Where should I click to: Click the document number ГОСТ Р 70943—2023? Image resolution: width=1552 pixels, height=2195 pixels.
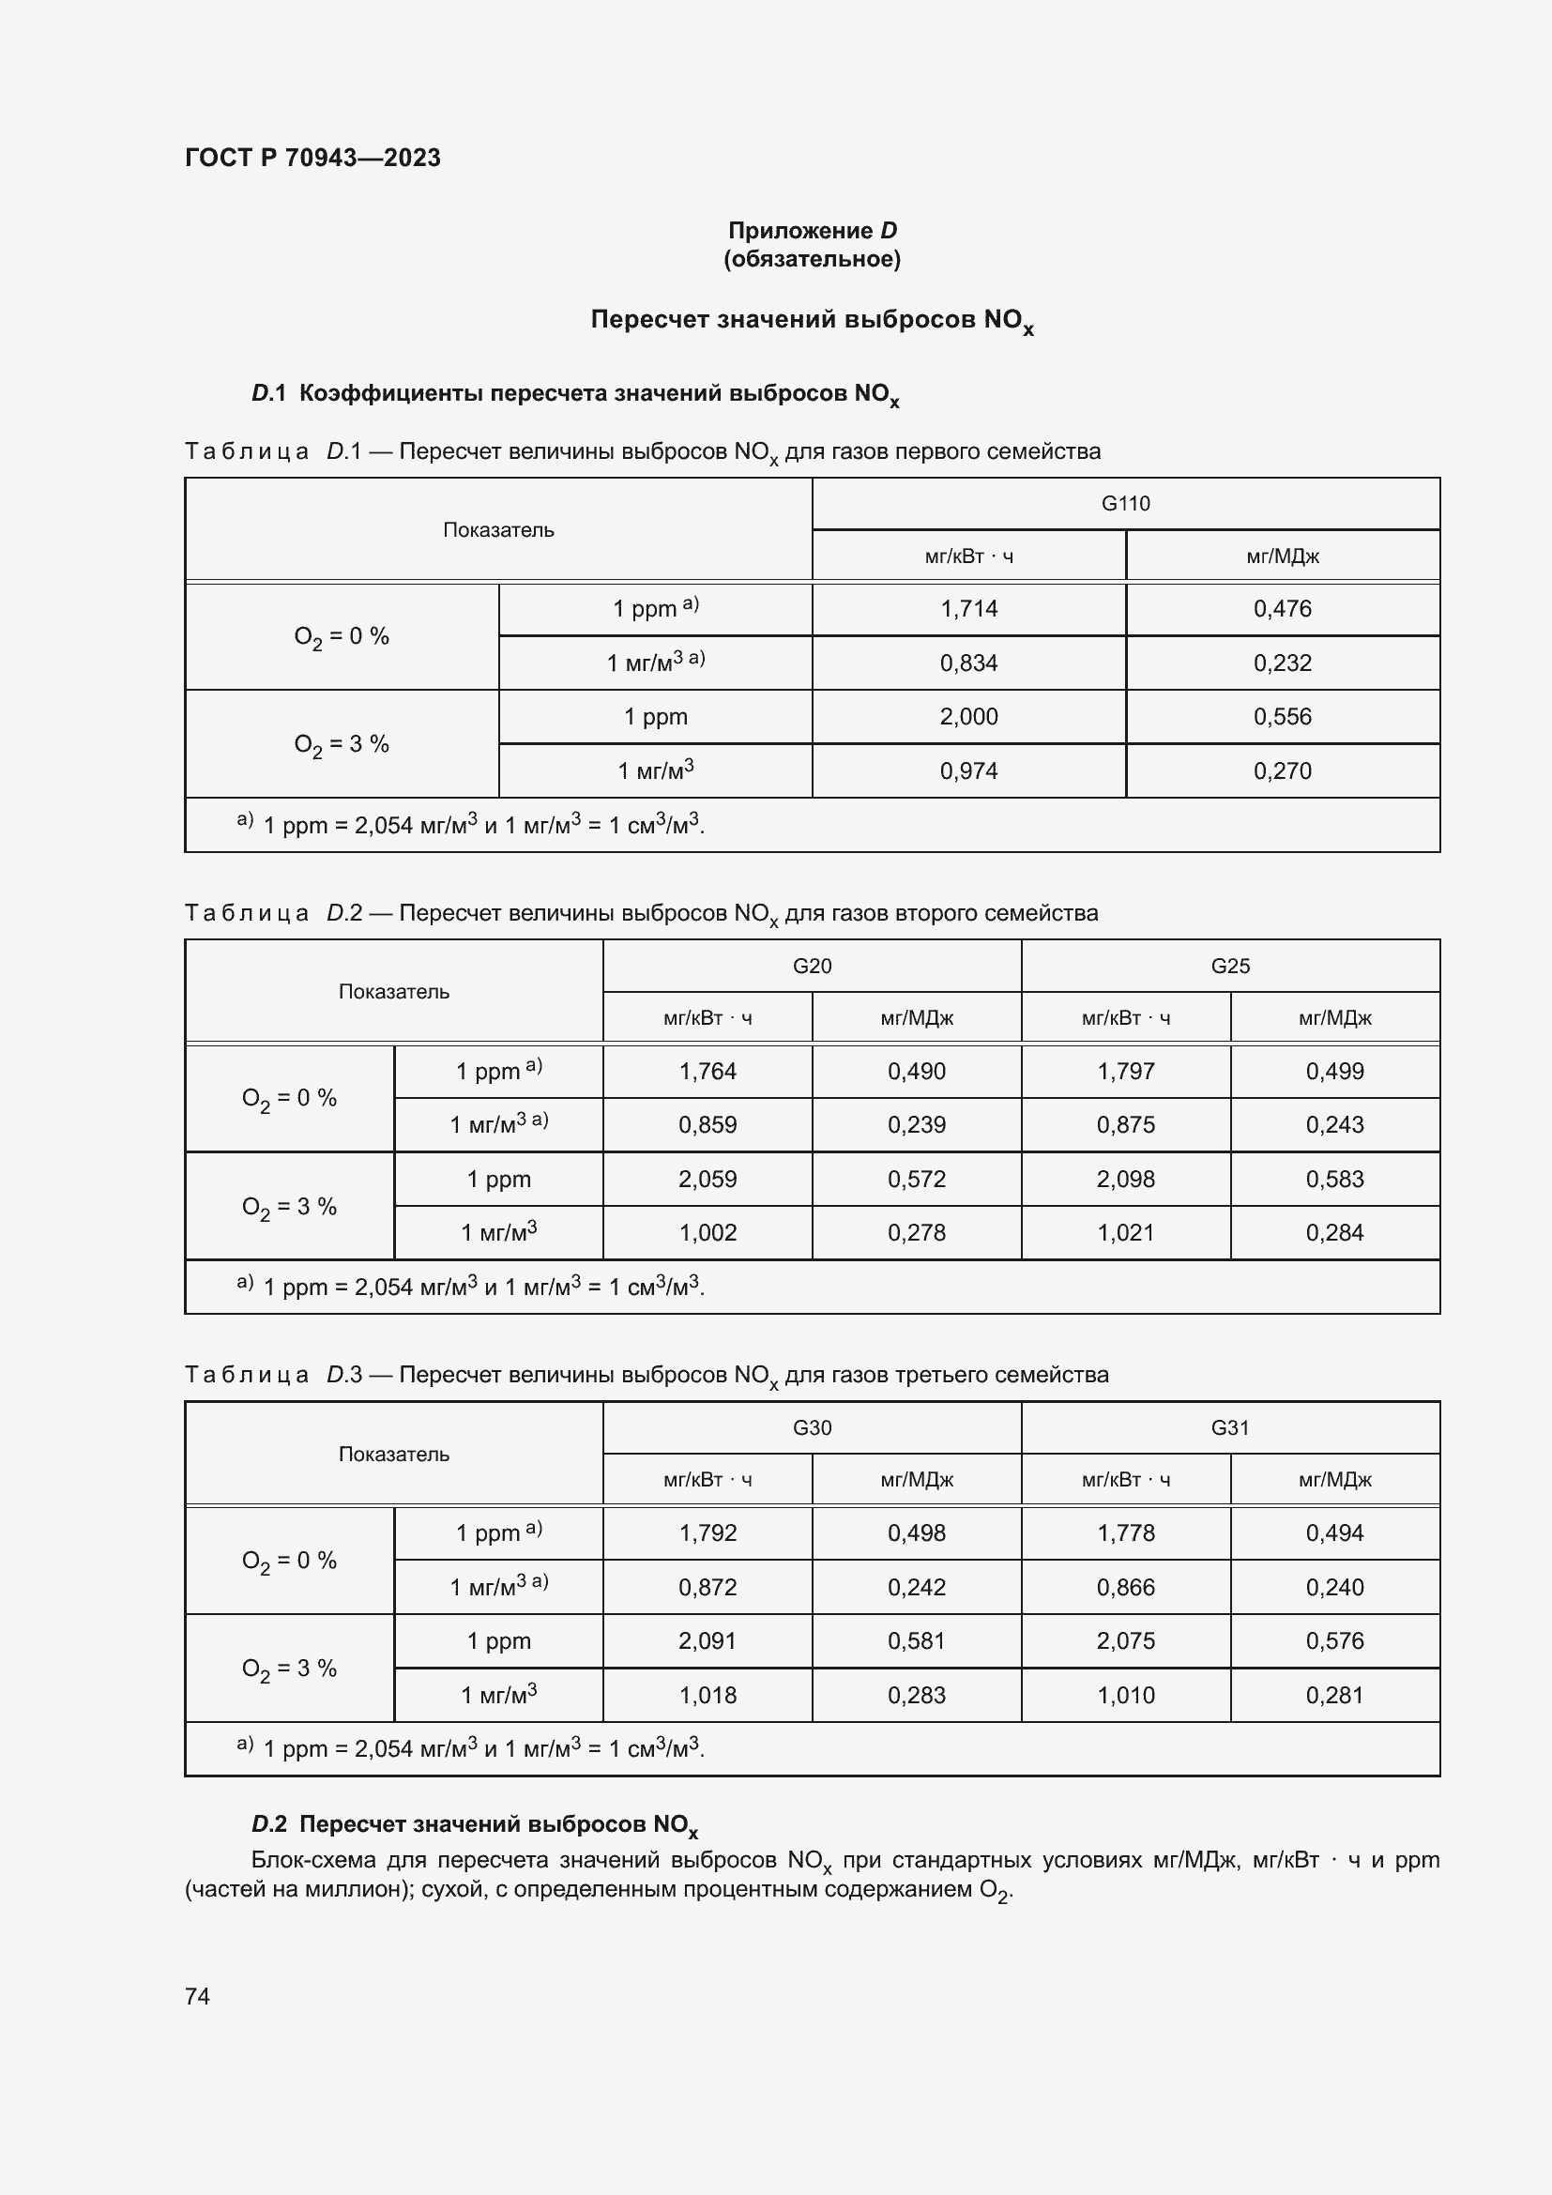click(312, 158)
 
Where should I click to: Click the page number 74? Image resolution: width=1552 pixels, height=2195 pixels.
click(198, 1996)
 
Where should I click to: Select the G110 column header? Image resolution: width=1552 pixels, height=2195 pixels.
click(1125, 504)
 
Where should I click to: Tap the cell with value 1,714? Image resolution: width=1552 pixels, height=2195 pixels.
click(968, 609)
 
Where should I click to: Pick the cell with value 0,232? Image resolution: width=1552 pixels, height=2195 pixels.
click(1282, 663)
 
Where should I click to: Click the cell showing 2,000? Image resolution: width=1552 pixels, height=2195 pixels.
click(968, 717)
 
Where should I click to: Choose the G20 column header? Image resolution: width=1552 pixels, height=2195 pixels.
click(812, 966)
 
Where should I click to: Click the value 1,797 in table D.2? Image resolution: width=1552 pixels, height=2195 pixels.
click(1125, 1072)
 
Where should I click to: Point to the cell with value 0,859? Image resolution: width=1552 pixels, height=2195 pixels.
click(708, 1125)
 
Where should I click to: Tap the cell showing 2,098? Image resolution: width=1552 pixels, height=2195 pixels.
click(1125, 1179)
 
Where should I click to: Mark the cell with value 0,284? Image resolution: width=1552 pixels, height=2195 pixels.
click(1334, 1233)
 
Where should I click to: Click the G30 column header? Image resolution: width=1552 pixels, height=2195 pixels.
click(812, 1427)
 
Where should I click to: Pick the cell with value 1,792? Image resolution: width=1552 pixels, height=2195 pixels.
click(708, 1533)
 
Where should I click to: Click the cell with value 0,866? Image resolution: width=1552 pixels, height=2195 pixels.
click(1125, 1587)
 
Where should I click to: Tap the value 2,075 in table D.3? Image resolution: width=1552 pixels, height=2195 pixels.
click(1125, 1640)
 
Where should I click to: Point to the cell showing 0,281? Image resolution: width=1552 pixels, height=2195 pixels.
click(1334, 1695)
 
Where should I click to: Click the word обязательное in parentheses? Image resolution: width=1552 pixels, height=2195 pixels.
click(812, 259)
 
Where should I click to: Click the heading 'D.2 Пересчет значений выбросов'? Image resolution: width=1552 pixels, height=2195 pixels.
click(474, 1824)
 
